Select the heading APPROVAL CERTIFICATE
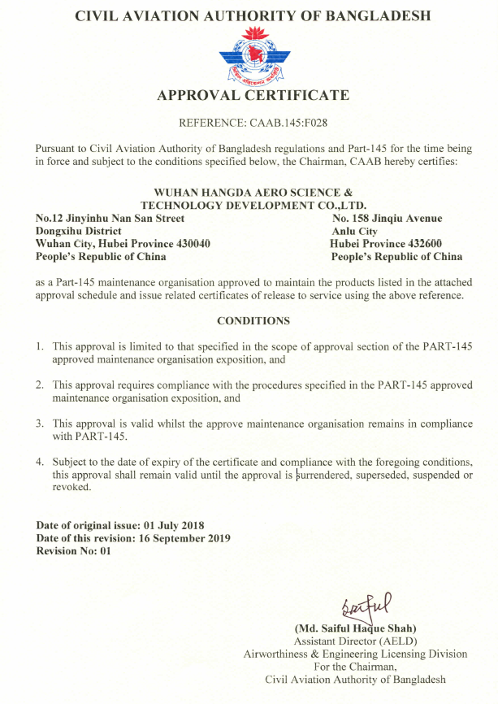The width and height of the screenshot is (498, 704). click(253, 96)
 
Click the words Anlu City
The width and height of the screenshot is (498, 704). click(355, 231)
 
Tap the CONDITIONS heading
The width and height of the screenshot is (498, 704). click(253, 321)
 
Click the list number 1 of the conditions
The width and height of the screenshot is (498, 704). click(39, 346)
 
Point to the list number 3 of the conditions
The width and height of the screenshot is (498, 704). click(39, 424)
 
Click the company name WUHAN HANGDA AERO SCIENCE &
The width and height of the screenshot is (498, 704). click(253, 193)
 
